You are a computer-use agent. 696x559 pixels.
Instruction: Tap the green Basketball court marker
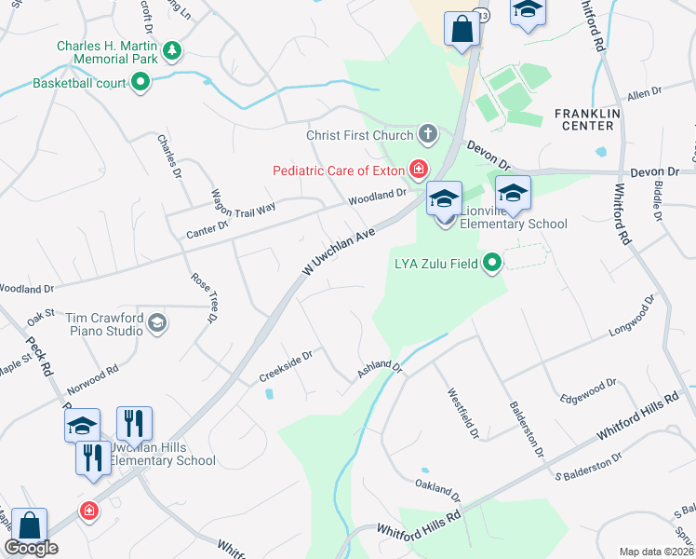click(141, 84)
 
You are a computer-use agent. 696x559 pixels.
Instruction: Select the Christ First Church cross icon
click(428, 135)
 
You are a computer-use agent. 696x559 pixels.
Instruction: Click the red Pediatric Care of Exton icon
click(419, 170)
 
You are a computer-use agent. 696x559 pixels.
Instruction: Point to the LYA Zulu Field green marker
click(491, 264)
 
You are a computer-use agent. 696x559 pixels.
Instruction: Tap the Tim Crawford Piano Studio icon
click(156, 322)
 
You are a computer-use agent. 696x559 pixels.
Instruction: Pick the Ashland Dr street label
click(380, 370)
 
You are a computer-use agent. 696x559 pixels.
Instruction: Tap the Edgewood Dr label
click(588, 390)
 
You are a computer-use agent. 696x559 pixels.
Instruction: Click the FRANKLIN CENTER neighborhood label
click(584, 119)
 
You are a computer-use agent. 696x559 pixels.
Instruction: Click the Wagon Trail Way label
click(245, 196)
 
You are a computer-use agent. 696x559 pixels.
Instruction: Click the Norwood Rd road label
click(100, 370)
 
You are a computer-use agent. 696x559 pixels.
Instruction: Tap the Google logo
click(32, 548)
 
